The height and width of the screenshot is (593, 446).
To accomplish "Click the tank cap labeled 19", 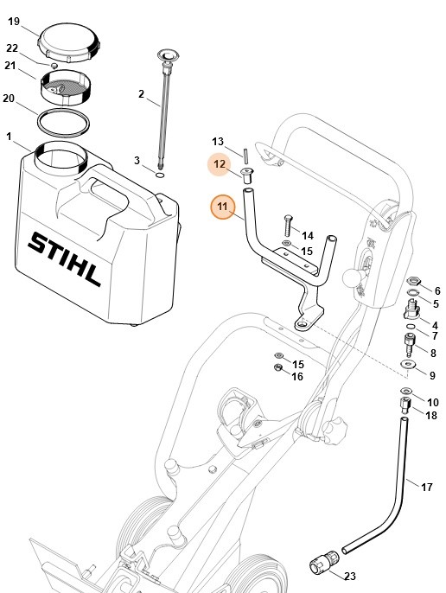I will click(x=68, y=39).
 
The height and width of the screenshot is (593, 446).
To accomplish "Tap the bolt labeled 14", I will click(x=286, y=230).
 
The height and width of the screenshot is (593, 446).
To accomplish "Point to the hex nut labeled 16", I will click(x=278, y=372).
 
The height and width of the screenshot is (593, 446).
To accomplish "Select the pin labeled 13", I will click(x=245, y=155).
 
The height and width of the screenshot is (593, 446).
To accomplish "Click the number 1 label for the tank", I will click(x=9, y=137).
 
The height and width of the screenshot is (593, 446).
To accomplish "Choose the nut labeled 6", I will click(x=414, y=282).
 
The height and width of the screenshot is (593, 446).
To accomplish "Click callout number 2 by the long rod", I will click(x=141, y=93).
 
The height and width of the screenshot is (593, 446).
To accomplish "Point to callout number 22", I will click(x=12, y=48).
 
